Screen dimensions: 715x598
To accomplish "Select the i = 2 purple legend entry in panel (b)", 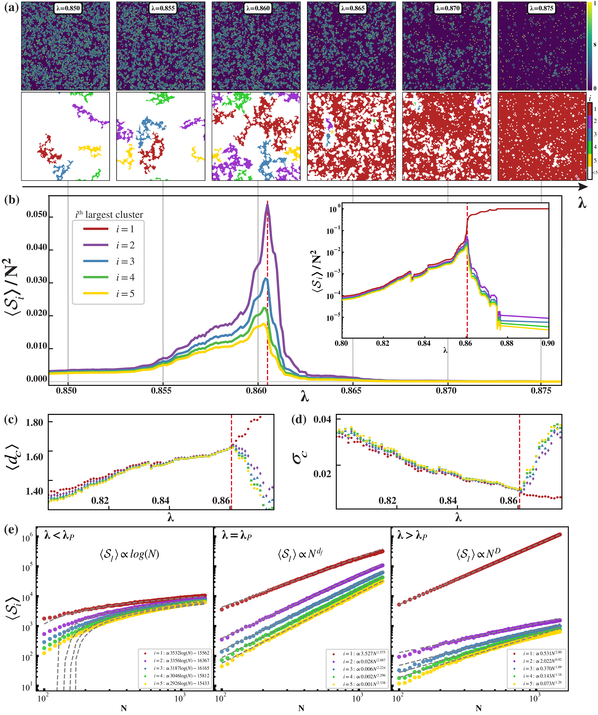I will point(109,245).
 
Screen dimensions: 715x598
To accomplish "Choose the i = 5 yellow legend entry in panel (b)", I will point(109,293).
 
